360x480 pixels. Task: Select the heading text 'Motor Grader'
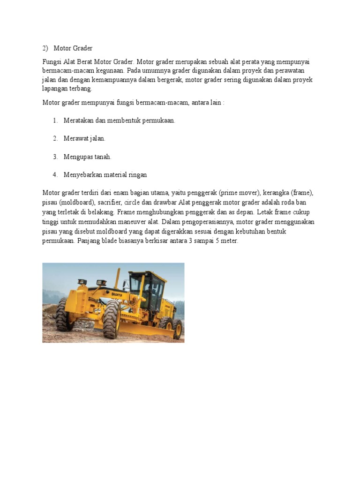tap(73, 48)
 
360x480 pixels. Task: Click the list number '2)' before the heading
tap(45, 48)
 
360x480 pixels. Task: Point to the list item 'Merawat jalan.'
tap(84, 138)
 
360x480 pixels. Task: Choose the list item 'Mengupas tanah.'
tap(87, 157)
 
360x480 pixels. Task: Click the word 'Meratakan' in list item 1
tap(78, 120)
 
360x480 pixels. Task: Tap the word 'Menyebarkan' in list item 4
tap(82, 174)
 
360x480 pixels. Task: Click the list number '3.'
tap(55, 157)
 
